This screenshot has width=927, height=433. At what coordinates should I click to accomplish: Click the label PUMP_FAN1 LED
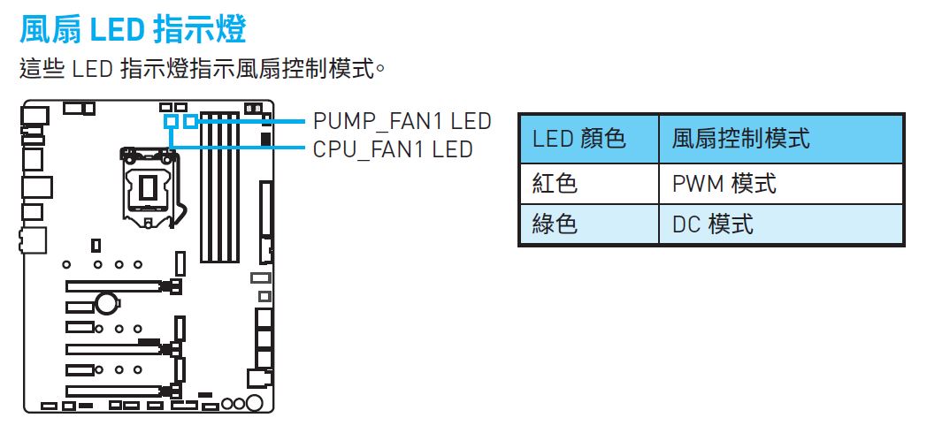tap(402, 121)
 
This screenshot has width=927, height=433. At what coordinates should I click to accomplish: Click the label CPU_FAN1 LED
tap(393, 148)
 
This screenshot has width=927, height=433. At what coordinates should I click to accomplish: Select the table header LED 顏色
tap(578, 139)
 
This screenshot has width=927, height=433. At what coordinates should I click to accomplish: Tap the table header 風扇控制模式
tap(740, 139)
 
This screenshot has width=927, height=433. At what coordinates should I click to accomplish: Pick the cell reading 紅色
tap(555, 184)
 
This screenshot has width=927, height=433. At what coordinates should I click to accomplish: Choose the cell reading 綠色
tap(555, 224)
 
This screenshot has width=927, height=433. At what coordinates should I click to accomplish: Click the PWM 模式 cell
tap(724, 184)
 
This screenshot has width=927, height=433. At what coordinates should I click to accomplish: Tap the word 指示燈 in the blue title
tap(199, 29)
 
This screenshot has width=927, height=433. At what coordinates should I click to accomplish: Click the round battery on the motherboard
tap(107, 305)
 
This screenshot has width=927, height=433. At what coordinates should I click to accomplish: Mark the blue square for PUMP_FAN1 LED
tap(189, 119)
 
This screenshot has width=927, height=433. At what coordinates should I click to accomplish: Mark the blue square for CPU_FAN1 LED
tap(172, 119)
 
